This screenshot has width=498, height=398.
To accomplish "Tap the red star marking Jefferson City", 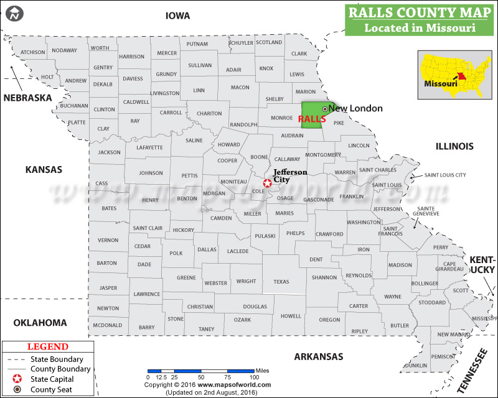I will click(268, 183).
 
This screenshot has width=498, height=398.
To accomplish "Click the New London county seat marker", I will click(324, 109).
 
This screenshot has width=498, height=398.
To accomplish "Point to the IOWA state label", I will click(177, 16).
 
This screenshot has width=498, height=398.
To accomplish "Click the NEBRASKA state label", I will click(28, 98).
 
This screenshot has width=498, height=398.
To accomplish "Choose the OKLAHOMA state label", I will click(40, 322).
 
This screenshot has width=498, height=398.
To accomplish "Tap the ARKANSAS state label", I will click(318, 356).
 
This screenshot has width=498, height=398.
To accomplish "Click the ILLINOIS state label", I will click(454, 146).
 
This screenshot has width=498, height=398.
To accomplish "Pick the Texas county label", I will click(281, 281).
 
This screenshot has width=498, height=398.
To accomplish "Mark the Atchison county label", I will click(33, 52).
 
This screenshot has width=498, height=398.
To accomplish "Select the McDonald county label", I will click(107, 325).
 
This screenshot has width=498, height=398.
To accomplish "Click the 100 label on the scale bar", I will click(254, 377).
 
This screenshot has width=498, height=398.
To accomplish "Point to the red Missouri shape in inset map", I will click(462, 78).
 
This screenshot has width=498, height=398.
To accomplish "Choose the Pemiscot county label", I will click(443, 356).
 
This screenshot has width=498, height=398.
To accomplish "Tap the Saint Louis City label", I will click(445, 175).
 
